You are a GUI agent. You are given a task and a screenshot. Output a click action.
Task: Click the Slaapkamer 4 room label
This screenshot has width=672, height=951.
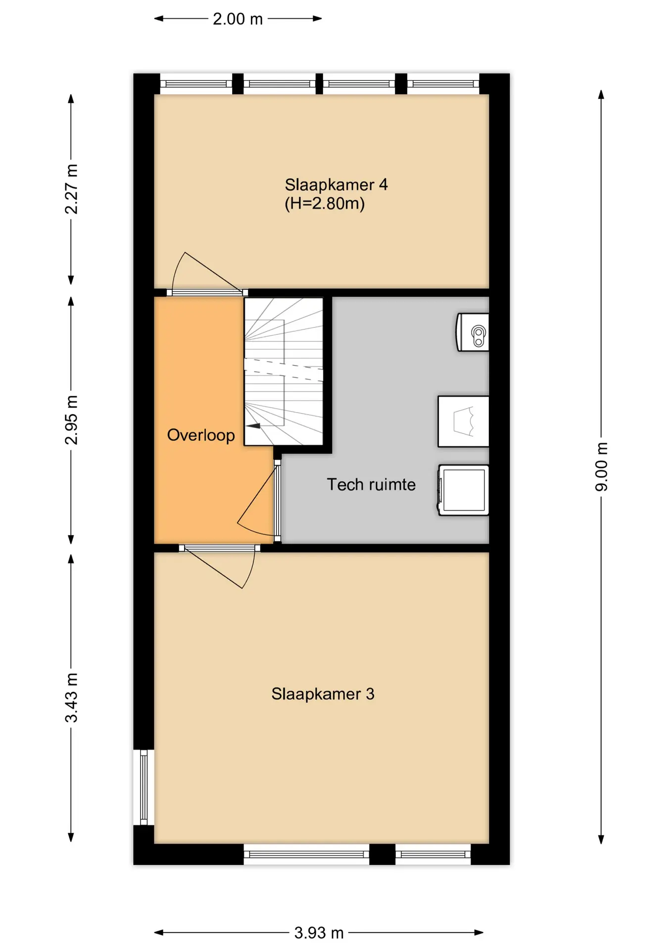(336, 185)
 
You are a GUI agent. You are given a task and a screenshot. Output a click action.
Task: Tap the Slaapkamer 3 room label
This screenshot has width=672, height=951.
(323, 694)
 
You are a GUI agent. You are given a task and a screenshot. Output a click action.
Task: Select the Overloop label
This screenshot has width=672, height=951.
(201, 435)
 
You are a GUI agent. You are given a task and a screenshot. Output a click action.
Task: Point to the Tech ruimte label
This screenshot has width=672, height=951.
(371, 484)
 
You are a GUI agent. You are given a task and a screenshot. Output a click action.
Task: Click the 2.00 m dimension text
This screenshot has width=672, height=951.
(238, 19)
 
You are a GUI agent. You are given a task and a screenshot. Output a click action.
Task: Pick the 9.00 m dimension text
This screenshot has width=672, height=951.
(601, 467)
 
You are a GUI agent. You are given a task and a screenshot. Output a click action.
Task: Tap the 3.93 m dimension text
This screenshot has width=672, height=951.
(319, 933)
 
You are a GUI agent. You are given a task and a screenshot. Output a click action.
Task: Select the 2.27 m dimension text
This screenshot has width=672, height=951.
(71, 189)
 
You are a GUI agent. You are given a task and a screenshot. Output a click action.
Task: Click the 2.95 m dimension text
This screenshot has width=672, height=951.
(71, 420)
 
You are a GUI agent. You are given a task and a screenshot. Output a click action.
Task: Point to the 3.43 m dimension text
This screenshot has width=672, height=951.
(71, 698)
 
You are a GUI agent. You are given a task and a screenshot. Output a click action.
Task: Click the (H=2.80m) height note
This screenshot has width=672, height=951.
(325, 204)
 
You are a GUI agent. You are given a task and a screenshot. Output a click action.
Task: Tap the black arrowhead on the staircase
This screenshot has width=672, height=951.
(253, 425)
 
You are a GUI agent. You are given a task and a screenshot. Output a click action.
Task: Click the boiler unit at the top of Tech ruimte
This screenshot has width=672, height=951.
(473, 332)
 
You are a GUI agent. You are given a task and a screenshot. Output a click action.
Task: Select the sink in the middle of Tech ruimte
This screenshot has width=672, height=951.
(463, 422)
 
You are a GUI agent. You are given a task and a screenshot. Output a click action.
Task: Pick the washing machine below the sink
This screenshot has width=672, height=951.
(463, 490)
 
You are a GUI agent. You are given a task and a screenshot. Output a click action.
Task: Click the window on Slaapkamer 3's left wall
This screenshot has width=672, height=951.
(144, 788)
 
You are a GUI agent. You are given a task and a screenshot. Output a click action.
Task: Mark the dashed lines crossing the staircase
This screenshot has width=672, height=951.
(284, 370)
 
